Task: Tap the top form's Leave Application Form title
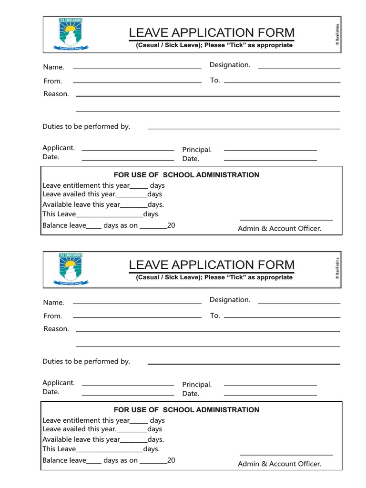[212, 33]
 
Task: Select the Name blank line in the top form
[137, 68]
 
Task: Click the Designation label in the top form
[230, 65]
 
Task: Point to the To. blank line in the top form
[282, 82]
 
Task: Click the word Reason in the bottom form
[56, 329]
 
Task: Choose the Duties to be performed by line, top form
[244, 129]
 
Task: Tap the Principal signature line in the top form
[270, 150]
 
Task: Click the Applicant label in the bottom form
[59, 383]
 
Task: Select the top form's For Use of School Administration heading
[186, 175]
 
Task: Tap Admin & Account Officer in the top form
[280, 229]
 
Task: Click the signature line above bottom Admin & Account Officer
[286, 455]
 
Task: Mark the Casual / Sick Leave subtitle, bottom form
[214, 277]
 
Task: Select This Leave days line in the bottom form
[101, 449]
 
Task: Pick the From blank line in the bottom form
[137, 317]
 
